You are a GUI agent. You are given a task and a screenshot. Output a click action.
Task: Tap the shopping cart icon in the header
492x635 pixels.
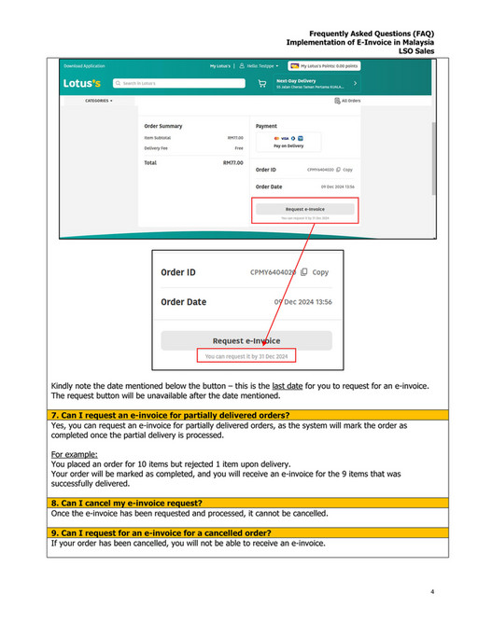[262, 83]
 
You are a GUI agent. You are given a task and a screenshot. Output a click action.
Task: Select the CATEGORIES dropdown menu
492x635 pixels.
[98, 100]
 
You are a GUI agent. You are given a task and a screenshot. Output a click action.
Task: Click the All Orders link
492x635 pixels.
[347, 100]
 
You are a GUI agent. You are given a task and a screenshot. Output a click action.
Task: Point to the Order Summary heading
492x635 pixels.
[163, 126]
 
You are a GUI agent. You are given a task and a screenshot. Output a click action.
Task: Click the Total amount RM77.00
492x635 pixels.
[233, 162]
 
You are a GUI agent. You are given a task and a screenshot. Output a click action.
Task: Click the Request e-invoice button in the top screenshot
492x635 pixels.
[304, 210]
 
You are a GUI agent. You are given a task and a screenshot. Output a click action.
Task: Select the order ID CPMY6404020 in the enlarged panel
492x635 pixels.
[273, 272]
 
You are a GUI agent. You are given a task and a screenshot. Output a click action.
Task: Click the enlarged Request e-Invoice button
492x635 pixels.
[246, 340]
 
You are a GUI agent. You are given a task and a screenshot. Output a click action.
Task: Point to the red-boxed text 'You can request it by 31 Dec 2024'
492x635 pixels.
[246, 356]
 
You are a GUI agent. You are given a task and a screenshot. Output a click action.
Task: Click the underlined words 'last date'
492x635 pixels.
[285, 386]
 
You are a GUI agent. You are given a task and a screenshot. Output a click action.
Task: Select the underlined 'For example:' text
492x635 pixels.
[74, 454]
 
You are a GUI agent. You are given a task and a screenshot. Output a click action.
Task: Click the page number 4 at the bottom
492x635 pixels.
[432, 592]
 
